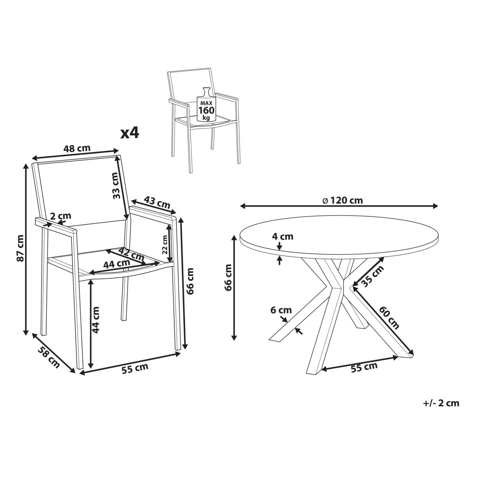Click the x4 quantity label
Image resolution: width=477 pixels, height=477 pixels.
tap(130, 134)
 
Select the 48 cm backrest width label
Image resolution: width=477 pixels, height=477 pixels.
tap(77, 148)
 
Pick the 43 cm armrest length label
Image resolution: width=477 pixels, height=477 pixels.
tap(157, 202)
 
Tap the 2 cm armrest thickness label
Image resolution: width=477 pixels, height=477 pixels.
tap(60, 216)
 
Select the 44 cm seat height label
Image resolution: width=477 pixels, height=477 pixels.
tap(95, 320)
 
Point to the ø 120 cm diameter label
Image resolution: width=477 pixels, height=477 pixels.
tap(343, 200)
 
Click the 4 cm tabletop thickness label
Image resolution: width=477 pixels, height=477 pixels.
tap(283, 237)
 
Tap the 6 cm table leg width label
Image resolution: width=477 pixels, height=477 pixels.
tap(281, 310)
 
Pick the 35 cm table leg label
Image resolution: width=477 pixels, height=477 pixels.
tap(373, 275)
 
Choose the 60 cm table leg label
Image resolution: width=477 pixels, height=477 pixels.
tap(390, 318)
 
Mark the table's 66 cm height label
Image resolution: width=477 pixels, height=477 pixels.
tap(227, 277)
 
